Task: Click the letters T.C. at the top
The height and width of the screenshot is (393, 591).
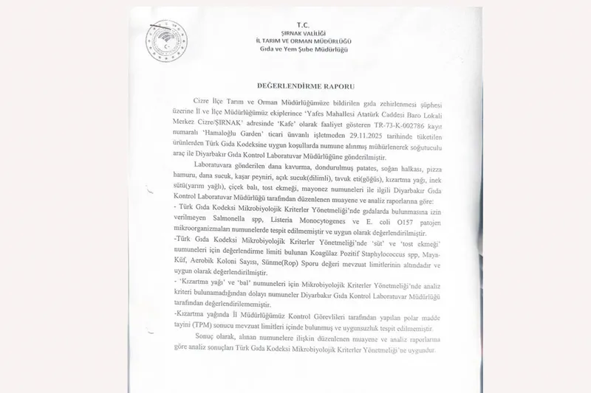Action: pos(304,24)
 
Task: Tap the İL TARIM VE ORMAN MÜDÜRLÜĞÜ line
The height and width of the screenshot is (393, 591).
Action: pos(304,41)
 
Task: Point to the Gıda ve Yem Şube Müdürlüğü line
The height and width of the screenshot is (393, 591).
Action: pos(304,49)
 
